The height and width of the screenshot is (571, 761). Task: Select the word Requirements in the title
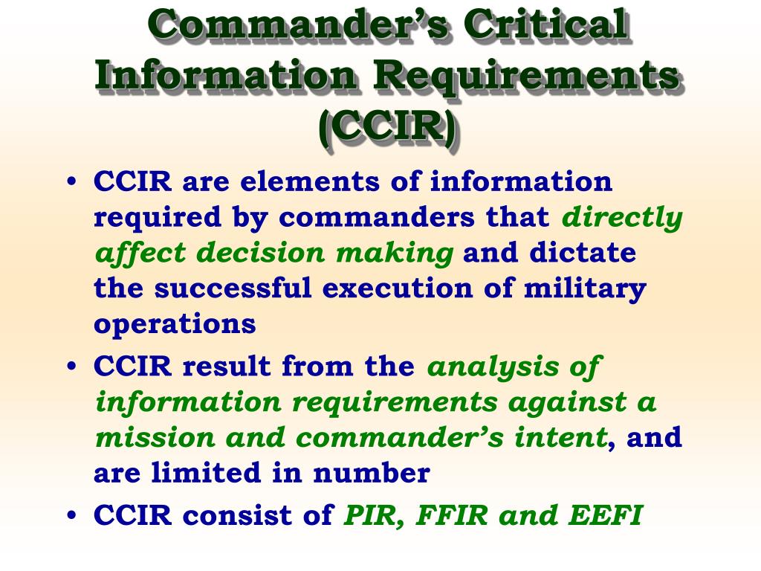526,77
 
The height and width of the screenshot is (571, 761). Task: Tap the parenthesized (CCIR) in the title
387,126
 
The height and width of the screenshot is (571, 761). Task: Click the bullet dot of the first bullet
72,181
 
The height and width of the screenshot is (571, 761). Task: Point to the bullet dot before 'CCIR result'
72,366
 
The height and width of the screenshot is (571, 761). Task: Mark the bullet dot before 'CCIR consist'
72,514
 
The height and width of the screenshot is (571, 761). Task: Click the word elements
310,181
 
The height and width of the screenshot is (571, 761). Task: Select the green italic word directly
622,218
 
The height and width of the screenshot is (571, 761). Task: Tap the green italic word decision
260,253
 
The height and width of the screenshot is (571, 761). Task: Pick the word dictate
583,253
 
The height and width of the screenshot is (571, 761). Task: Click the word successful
233,288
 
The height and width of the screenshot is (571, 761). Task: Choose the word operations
175,324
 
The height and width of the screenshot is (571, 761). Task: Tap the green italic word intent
560,437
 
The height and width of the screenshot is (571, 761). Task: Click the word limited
206,473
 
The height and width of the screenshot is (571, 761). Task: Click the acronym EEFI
606,515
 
